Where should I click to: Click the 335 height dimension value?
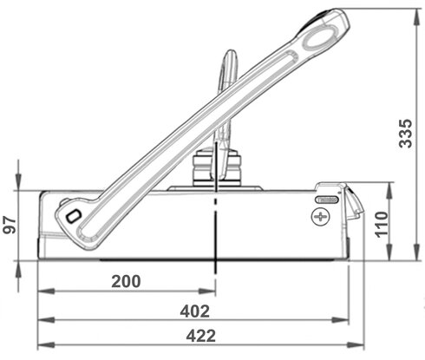tap(405, 134)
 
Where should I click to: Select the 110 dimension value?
tap(382, 225)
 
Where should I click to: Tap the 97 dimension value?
tap(10, 225)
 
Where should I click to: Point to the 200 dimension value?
tap(126, 281)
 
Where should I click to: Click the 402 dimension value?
tap(195, 311)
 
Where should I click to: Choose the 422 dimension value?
tap(201, 336)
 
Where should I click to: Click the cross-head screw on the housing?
tap(320, 217)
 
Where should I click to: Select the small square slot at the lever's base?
tap(73, 216)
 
